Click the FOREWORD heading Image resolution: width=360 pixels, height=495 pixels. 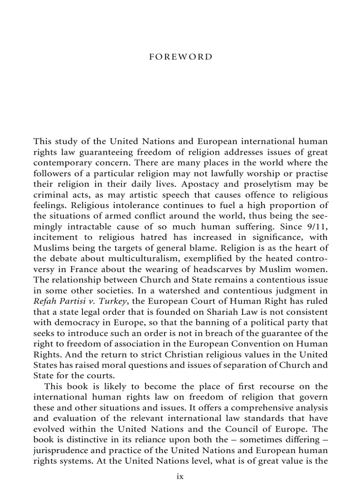tap(180, 57)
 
